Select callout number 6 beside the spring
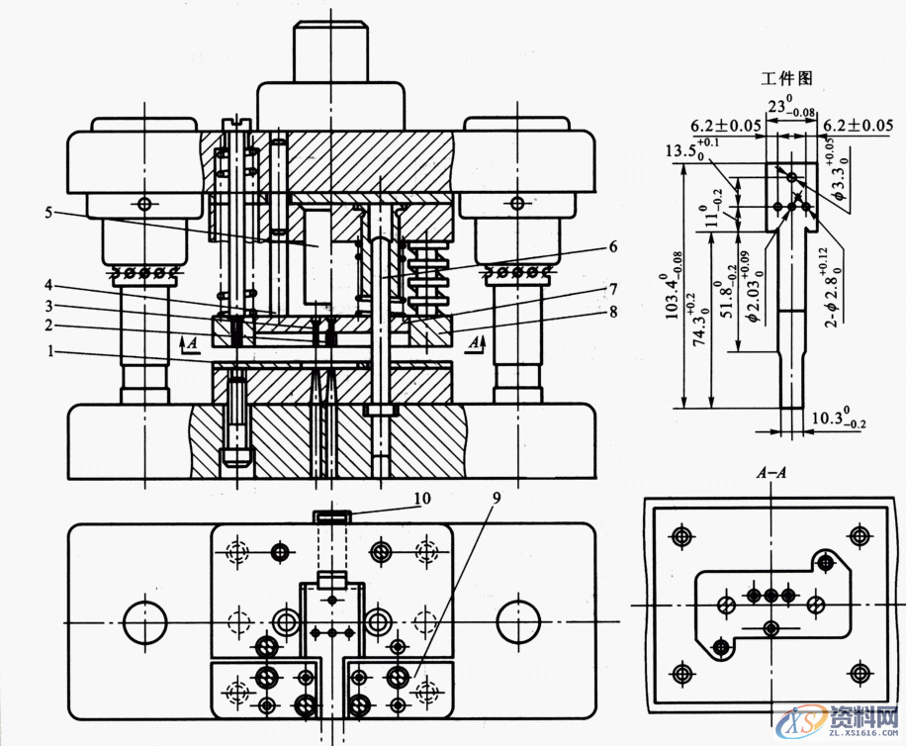tap(612, 246)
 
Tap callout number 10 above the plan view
tap(422, 498)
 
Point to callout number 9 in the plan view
tap(495, 498)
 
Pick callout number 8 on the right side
tap(612, 311)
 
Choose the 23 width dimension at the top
tap(786, 107)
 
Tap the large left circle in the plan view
tap(145, 620)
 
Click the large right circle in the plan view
tap(518, 620)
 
